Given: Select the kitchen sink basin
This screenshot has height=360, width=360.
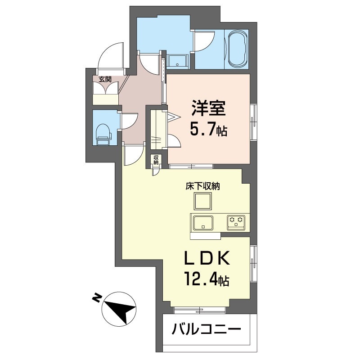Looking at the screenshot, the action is (x=203, y=222).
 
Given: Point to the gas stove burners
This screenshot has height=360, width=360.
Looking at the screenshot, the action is (x=236, y=222).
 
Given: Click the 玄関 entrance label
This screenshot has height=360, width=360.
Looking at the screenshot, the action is (x=105, y=80).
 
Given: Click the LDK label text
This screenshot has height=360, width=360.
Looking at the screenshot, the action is (x=207, y=258).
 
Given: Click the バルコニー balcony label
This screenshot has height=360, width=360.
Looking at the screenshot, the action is (x=207, y=329).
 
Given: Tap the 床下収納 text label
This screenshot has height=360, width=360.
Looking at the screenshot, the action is (x=203, y=186).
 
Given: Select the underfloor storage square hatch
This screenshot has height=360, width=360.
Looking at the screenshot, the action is (x=203, y=201).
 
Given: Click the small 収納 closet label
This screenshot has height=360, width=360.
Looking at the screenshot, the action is (x=156, y=160).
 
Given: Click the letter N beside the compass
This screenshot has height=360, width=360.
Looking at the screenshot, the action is (x=97, y=298).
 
